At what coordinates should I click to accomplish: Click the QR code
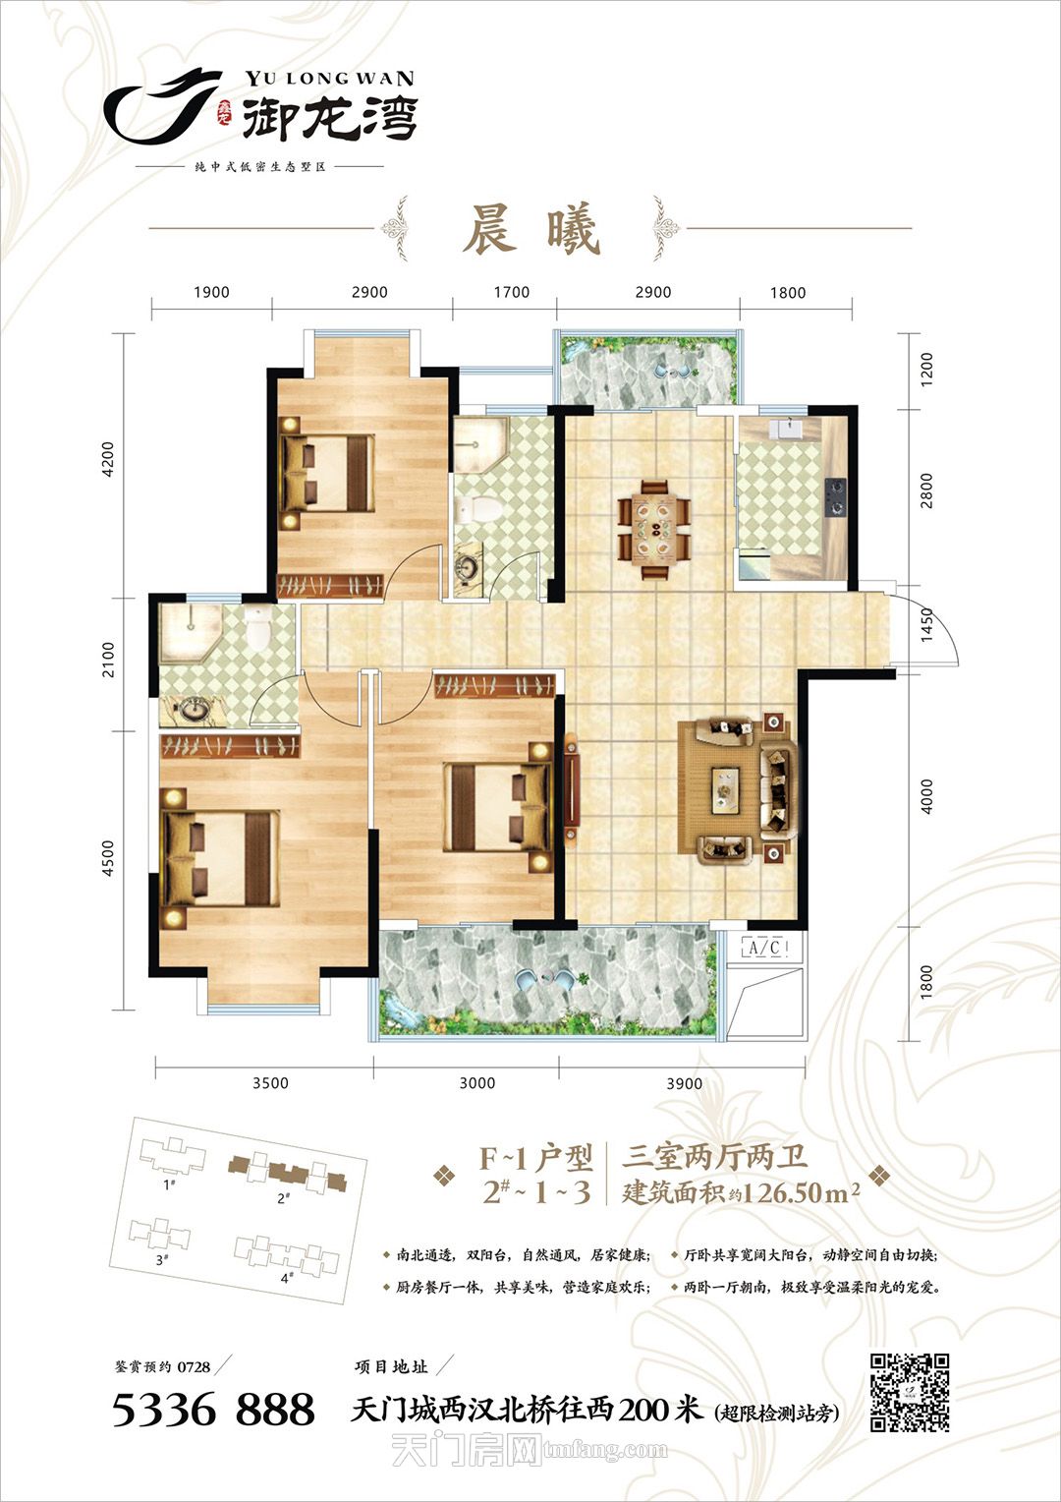(x=910, y=1392)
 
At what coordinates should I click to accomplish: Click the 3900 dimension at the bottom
(x=685, y=1083)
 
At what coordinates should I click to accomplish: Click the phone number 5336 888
(x=213, y=1410)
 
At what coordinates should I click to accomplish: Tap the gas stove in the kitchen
(x=835, y=497)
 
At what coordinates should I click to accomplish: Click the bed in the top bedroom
(x=328, y=473)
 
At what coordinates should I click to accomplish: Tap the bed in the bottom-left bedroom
(x=221, y=858)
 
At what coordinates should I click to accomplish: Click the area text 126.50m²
(x=801, y=1192)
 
